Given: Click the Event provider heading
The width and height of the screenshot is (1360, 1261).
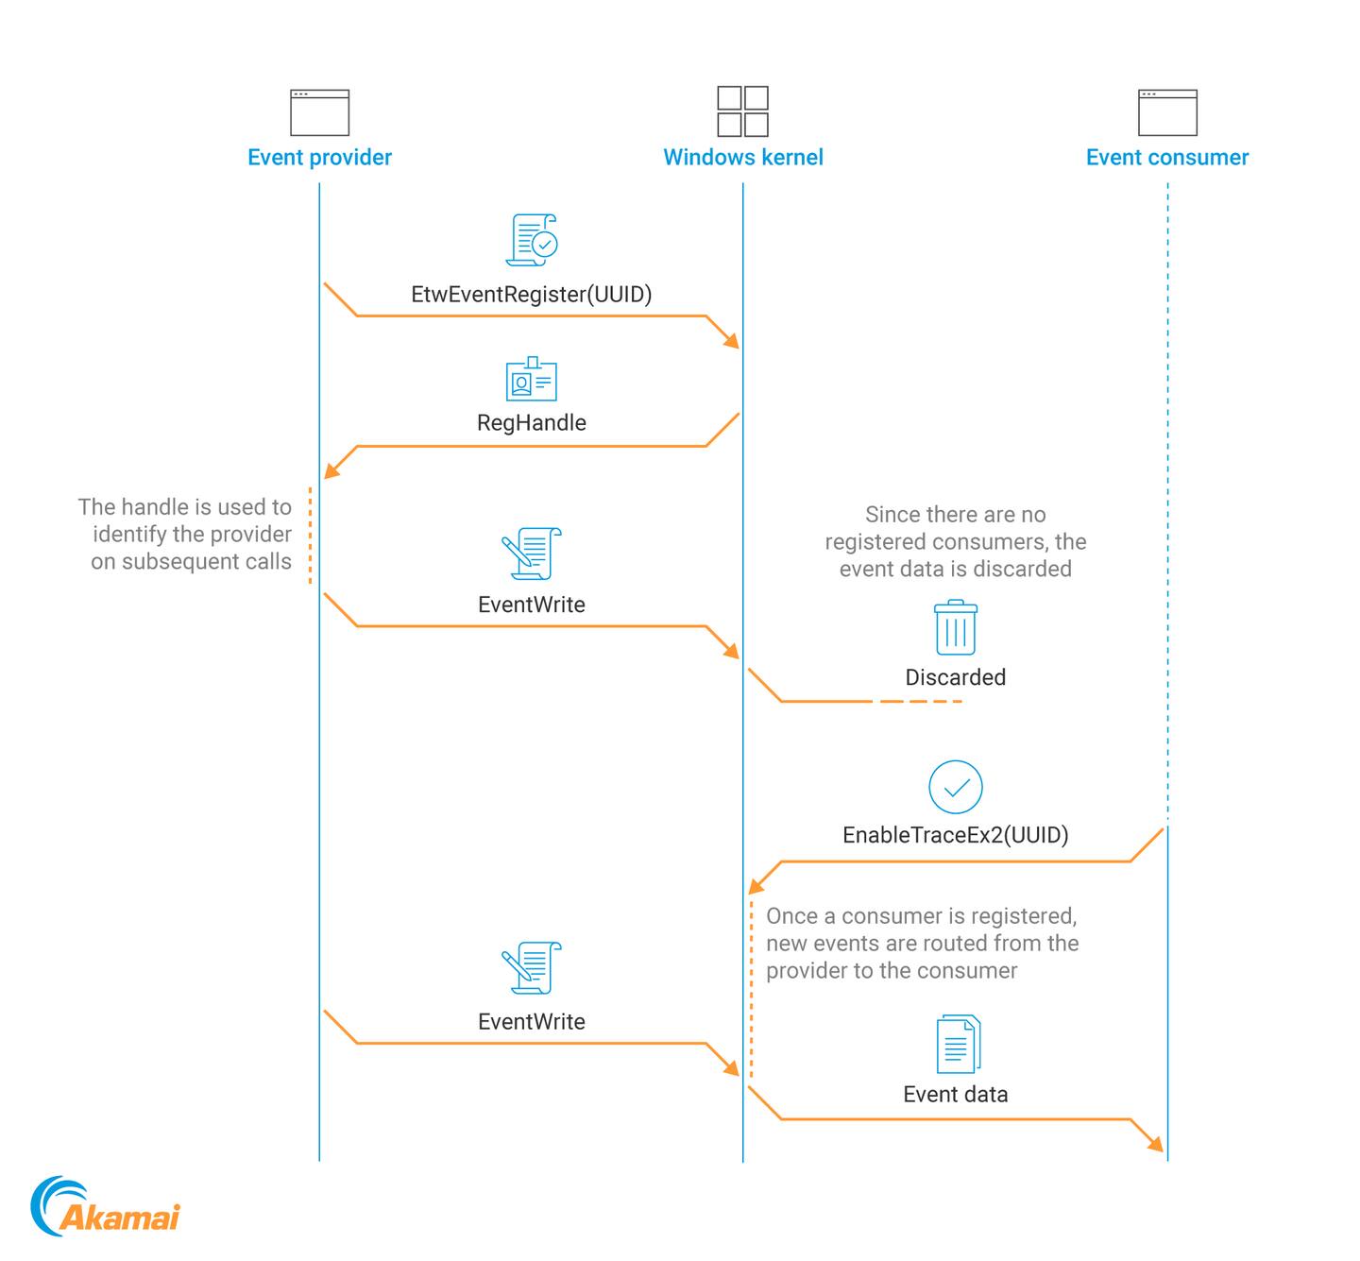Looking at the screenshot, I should pos(319,158).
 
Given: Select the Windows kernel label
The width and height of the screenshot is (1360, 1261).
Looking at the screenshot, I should pos(742,158).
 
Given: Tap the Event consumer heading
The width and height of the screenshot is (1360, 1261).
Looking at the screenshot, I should pos(1166,158).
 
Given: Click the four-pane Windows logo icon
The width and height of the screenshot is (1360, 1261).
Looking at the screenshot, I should pos(742,111).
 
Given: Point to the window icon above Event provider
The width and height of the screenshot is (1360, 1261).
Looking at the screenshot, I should pos(319,112).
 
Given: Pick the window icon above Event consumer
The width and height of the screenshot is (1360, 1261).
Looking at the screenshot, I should pos(1167,112).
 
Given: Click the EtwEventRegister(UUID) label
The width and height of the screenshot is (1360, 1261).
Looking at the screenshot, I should pos(531,295).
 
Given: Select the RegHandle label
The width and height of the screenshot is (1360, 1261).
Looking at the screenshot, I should pos(531,423).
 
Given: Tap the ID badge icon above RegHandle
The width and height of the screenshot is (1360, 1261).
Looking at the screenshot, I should pos(531,379).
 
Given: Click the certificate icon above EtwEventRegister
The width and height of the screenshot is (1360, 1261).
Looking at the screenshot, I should pos(532,240).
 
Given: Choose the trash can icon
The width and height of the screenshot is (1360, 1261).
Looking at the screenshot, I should pos(955,627).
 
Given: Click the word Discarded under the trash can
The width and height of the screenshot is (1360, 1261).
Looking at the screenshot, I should pos(955,677).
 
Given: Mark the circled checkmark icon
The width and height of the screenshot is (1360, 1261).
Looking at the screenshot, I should pos(955,787).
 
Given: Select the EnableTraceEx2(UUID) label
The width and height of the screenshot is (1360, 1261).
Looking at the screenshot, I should pos(955,835).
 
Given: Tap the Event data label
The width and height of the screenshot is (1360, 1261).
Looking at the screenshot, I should pos(955,1095).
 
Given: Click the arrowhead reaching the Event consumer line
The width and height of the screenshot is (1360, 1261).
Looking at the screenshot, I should pos(1155,1144).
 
